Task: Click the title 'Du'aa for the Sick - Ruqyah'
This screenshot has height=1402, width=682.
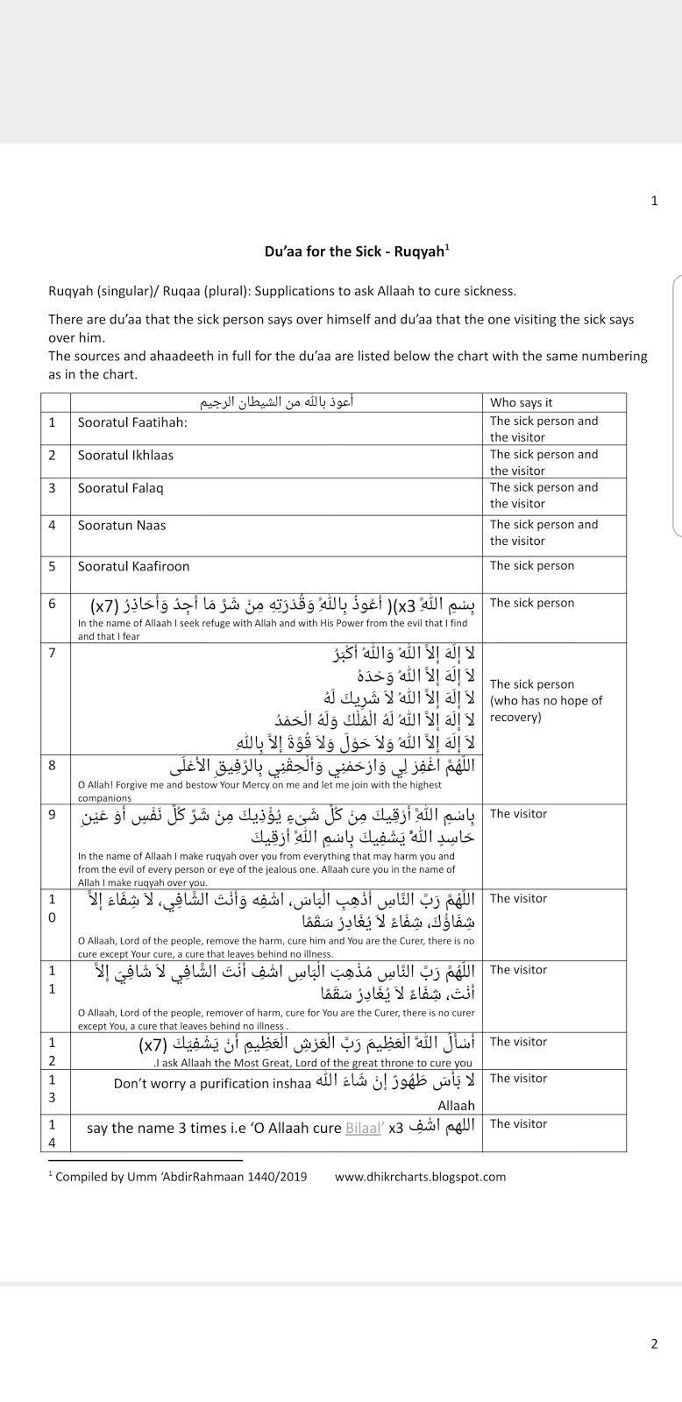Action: (357, 251)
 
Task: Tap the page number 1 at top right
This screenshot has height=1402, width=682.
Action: (654, 201)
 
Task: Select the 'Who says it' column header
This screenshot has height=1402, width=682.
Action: (521, 402)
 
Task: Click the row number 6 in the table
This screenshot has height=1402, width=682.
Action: (53, 604)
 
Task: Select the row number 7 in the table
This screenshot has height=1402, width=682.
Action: (53, 653)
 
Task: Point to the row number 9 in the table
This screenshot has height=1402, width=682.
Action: (53, 815)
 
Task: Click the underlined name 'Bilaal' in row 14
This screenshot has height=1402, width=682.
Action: (363, 1128)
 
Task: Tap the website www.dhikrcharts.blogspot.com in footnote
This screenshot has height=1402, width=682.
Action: (420, 1177)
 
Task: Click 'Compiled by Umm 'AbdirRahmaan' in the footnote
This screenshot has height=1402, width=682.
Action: (153, 1177)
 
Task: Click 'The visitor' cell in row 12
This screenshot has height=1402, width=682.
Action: (518, 1042)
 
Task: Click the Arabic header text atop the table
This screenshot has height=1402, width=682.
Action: (277, 402)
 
